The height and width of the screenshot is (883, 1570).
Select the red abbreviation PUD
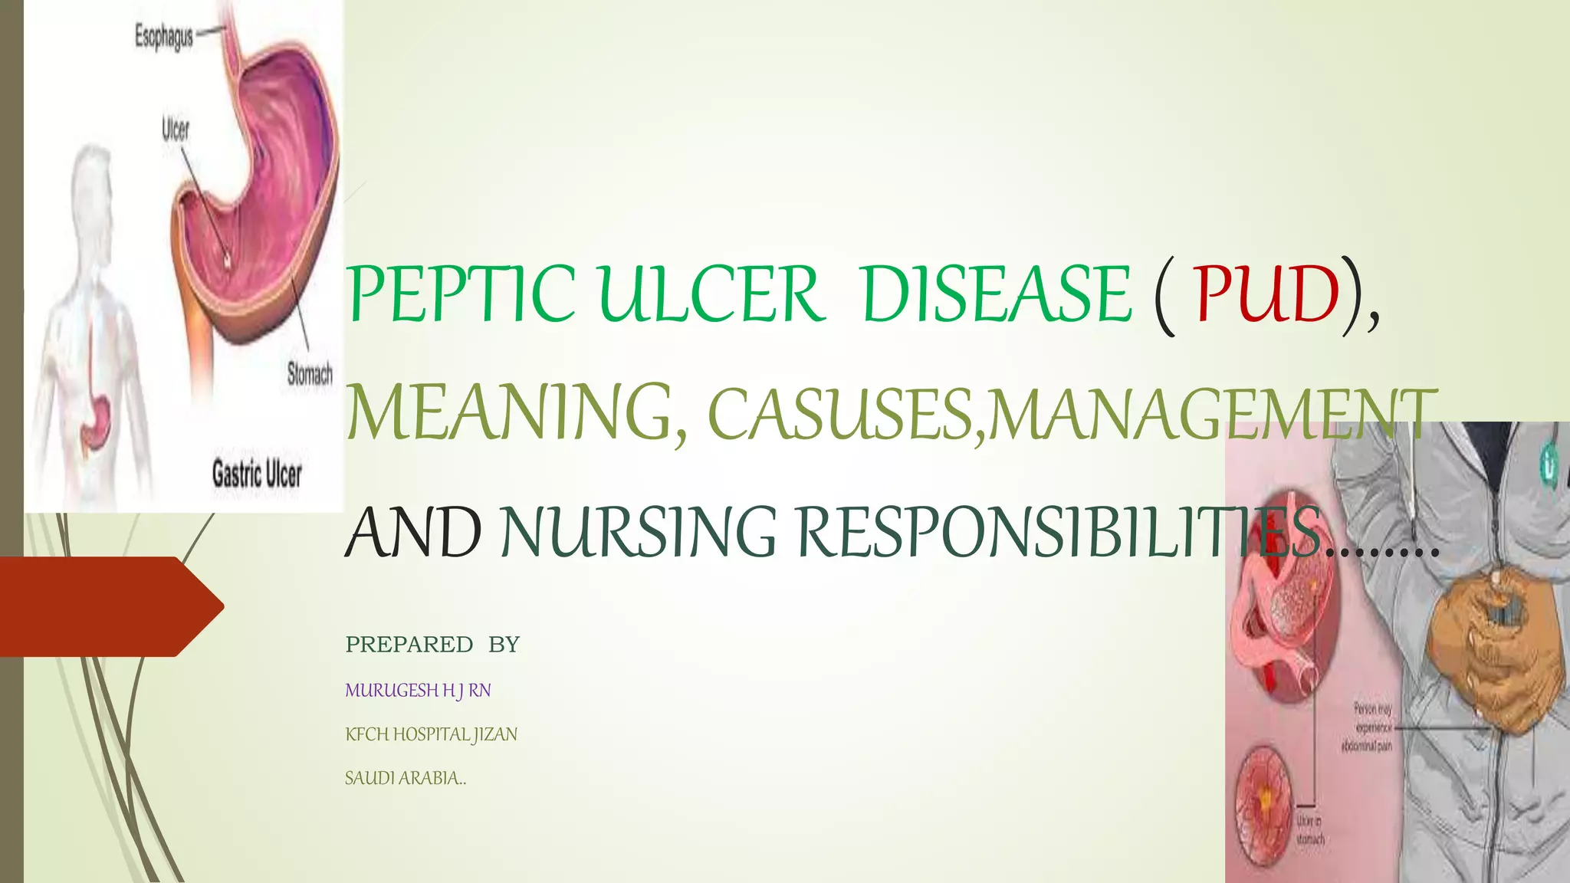[1266, 295]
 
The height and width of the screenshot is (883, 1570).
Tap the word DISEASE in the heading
[997, 295]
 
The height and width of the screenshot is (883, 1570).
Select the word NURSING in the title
[639, 532]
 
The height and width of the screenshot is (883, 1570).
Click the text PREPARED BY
[432, 645]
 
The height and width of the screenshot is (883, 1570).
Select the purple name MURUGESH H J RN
[418, 691]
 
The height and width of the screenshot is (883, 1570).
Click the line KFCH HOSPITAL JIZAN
[431, 734]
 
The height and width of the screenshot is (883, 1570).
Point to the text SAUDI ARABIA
[405, 778]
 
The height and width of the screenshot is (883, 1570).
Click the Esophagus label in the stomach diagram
[164, 36]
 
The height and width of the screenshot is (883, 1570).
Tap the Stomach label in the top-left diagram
[310, 374]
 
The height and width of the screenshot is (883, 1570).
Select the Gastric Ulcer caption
[257, 474]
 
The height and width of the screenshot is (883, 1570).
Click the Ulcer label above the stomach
[176, 130]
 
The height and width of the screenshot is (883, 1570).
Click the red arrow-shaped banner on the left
[107, 606]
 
